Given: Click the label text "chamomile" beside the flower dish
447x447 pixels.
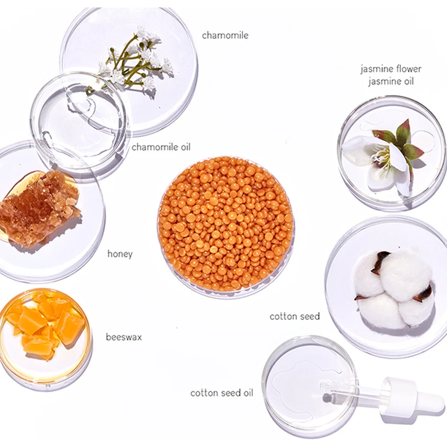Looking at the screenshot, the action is pyautogui.click(x=225, y=36).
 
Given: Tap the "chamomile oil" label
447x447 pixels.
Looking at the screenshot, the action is pyautogui.click(x=161, y=147).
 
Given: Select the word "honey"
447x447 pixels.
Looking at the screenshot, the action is pyautogui.click(x=120, y=254).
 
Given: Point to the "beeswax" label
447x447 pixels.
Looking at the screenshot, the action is pyautogui.click(x=124, y=337).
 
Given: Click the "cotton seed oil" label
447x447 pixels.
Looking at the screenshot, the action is pyautogui.click(x=222, y=393).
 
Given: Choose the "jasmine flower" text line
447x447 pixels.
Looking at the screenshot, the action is pyautogui.click(x=391, y=69).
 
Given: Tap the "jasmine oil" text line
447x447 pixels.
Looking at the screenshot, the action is pyautogui.click(x=391, y=81).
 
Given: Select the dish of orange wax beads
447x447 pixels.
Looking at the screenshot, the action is pyautogui.click(x=226, y=226).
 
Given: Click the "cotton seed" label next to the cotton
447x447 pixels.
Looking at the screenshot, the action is pyautogui.click(x=295, y=316).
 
